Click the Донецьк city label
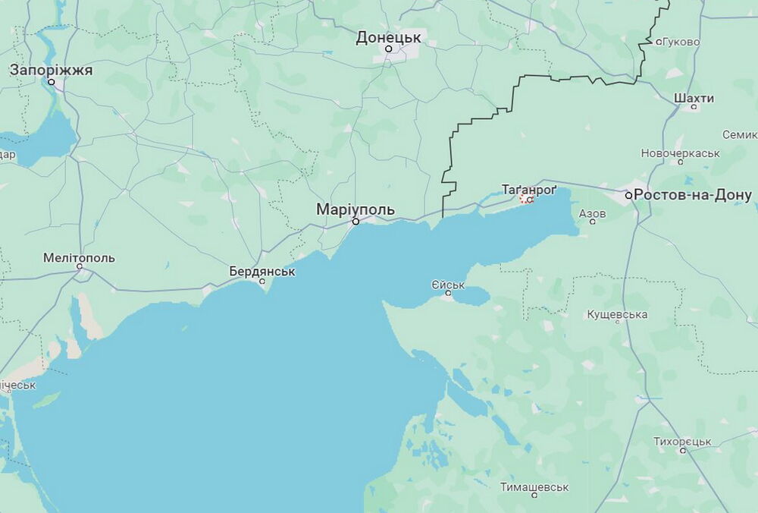tap(390, 36)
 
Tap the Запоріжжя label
tap(51, 70)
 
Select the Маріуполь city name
tap(356, 209)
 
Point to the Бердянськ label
tap(262, 271)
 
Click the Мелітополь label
tap(79, 257)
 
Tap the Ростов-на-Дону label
tap(693, 195)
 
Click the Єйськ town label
tap(447, 285)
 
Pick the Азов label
tap(592, 213)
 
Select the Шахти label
tap(694, 99)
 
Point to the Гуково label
tap(681, 42)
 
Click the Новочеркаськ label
tap(680, 153)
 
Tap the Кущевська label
tap(617, 314)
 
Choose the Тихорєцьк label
tap(682, 441)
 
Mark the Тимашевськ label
tap(534, 486)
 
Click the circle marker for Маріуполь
tap(356, 222)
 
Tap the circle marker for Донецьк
tap(389, 49)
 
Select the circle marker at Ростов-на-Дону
tap(629, 195)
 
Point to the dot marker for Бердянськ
tap(263, 282)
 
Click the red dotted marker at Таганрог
tap(526, 199)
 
